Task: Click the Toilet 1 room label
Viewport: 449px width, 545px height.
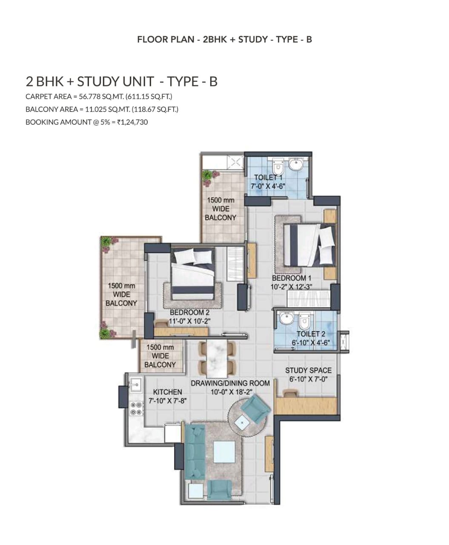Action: (268, 177)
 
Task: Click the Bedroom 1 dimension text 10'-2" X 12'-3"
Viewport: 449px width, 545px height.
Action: (292, 287)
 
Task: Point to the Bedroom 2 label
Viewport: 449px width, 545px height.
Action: (190, 312)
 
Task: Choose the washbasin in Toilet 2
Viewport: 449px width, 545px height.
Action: (286, 318)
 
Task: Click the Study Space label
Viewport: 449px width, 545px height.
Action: (309, 370)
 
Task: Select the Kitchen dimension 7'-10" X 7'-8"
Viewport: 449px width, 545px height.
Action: (168, 401)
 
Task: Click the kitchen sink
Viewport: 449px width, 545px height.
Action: (135, 384)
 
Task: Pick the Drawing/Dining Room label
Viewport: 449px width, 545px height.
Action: (230, 383)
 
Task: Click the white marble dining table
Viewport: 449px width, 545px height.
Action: (217, 359)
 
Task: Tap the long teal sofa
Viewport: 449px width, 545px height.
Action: (194, 452)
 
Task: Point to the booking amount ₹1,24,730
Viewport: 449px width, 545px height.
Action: (132, 122)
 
